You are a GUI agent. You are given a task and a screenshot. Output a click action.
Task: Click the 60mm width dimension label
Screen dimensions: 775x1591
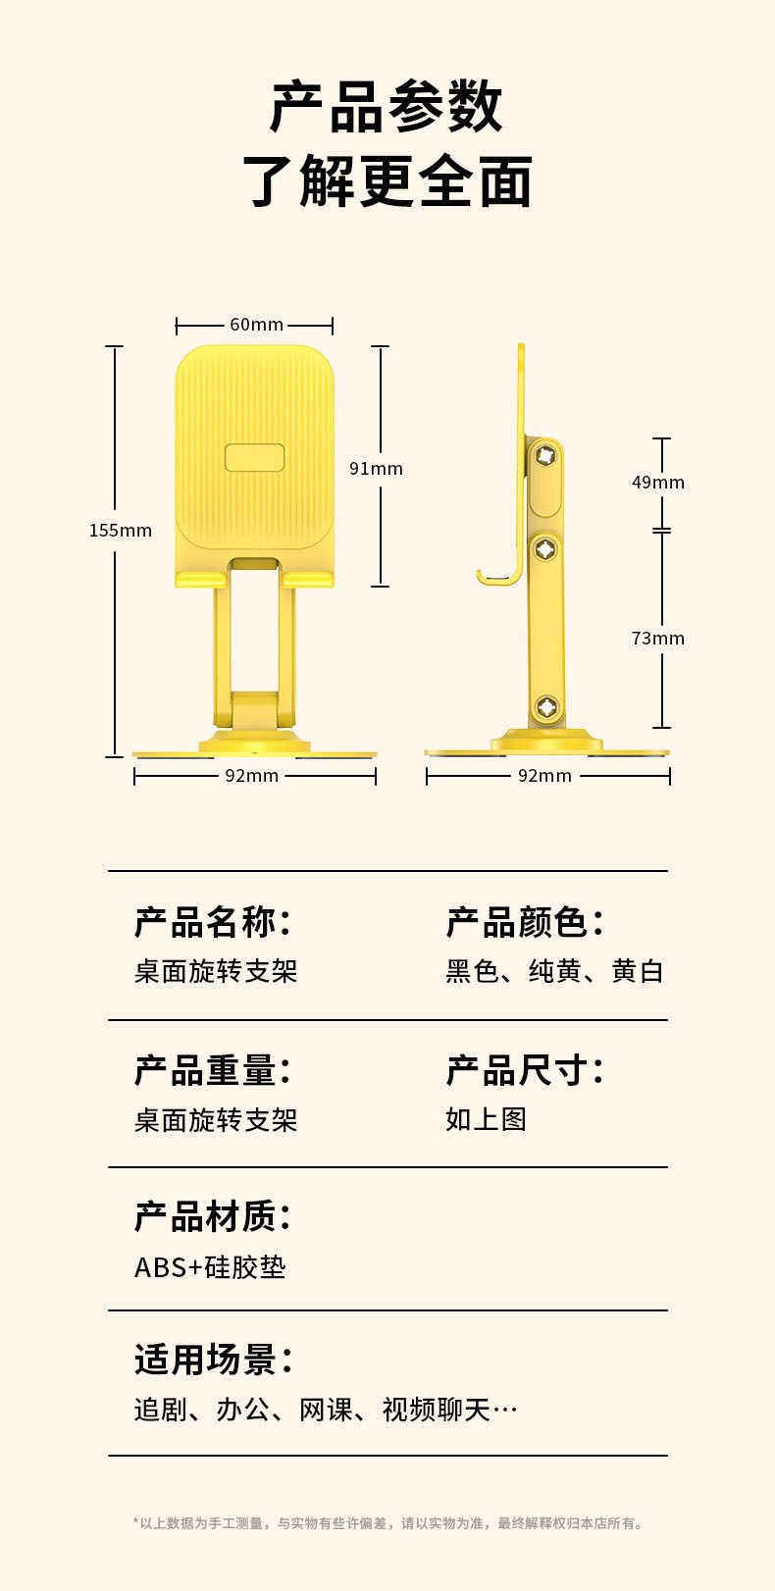[x=256, y=325]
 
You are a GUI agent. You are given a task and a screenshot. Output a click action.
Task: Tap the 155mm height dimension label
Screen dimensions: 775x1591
[x=121, y=531]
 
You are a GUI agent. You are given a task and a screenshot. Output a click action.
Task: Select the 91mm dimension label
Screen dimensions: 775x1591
[x=376, y=469]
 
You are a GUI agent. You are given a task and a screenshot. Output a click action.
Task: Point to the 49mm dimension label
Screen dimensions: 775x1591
[x=657, y=483]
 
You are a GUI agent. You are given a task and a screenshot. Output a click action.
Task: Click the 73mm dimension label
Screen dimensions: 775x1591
[x=657, y=639]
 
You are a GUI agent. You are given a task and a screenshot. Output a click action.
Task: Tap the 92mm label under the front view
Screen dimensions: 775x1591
[x=252, y=776]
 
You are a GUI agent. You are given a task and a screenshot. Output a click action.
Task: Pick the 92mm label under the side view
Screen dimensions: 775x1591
[x=544, y=776]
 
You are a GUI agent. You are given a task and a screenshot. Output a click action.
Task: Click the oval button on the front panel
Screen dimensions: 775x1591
[x=254, y=458]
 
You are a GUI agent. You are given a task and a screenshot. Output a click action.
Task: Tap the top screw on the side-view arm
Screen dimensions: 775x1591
[x=545, y=455]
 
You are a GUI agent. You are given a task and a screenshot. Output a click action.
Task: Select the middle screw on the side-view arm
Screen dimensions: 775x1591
[x=545, y=549]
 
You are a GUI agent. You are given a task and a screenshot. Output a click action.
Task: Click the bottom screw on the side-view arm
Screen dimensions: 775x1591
[x=546, y=707]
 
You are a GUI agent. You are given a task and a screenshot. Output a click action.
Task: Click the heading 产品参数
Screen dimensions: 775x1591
[x=387, y=107]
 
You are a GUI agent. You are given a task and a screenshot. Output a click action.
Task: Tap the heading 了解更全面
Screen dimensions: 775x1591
[x=387, y=181]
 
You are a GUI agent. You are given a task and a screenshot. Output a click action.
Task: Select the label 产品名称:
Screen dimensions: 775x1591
[x=213, y=922]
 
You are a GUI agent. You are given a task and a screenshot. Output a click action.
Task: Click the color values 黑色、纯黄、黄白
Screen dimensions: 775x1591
[x=554, y=971]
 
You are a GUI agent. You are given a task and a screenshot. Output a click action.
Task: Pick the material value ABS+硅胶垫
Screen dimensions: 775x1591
[x=210, y=1267]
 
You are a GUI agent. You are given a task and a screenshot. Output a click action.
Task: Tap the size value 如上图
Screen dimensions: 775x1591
[x=486, y=1119]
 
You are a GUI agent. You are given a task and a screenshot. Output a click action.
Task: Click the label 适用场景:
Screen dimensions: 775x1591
[x=213, y=1360]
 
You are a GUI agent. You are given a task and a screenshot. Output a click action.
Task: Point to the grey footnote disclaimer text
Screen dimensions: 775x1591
[x=387, y=1523]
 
